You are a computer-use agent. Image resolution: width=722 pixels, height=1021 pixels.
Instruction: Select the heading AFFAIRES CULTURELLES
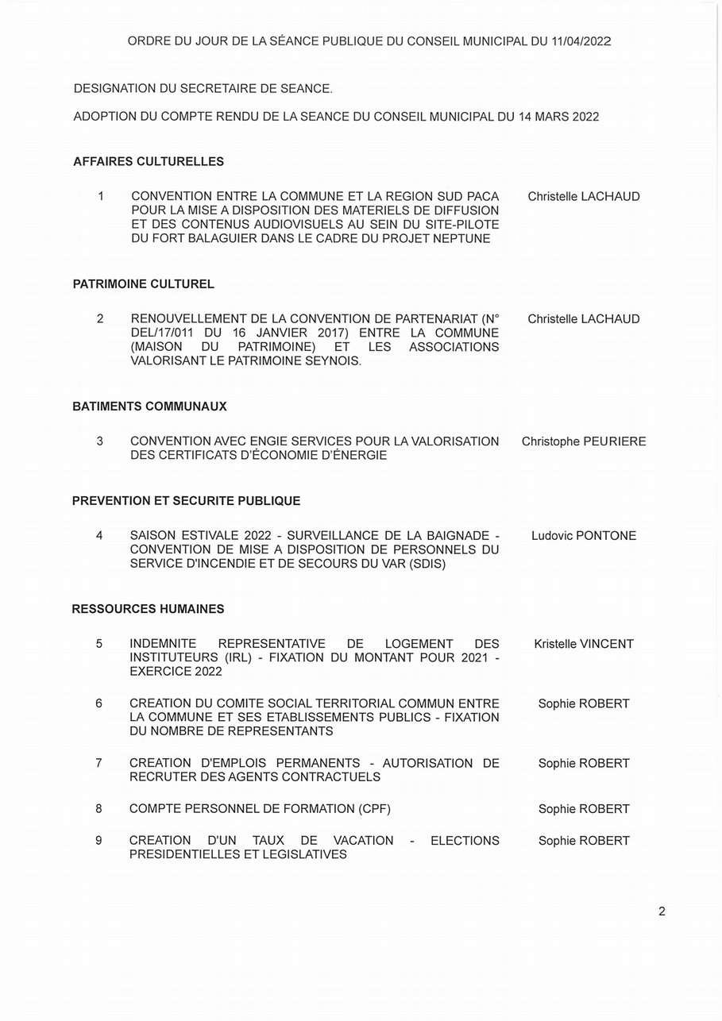click(x=149, y=161)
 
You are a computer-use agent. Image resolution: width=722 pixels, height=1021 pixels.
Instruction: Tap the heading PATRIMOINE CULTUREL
click(x=144, y=283)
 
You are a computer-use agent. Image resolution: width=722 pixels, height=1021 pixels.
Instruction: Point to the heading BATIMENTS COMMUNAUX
click(x=149, y=406)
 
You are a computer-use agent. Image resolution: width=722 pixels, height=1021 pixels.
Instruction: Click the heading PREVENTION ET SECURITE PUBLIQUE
click(x=186, y=501)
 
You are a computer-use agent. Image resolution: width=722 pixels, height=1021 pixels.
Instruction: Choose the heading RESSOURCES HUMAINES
click(x=148, y=609)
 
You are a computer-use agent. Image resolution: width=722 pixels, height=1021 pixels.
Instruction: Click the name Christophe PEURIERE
click(x=584, y=441)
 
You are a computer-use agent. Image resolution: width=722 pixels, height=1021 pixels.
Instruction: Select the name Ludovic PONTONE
click(x=584, y=536)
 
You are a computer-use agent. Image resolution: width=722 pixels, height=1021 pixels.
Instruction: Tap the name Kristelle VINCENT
click(x=584, y=644)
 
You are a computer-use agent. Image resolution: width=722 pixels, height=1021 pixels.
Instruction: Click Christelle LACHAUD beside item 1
click(x=584, y=196)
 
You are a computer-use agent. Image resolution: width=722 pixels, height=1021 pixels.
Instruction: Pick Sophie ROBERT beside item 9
click(x=584, y=841)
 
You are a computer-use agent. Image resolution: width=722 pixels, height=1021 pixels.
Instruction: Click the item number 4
click(x=99, y=536)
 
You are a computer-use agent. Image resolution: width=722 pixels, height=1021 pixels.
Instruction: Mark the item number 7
click(x=98, y=763)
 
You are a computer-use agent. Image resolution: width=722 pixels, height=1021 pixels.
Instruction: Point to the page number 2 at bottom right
click(x=662, y=911)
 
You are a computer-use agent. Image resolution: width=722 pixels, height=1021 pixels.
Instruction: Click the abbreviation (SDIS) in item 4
click(x=423, y=564)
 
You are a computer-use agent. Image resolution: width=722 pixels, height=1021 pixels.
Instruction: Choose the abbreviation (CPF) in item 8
click(x=374, y=809)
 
